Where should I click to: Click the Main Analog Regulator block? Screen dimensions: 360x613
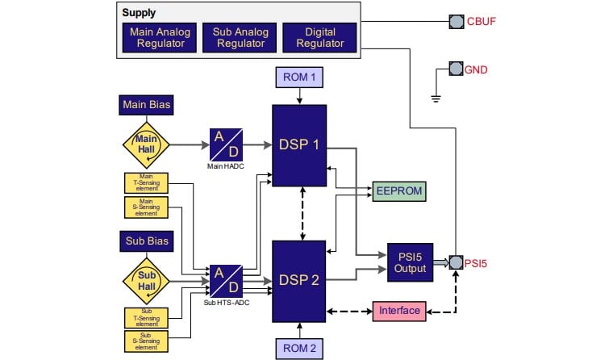(x=158, y=37)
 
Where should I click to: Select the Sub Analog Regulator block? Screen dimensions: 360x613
(x=239, y=37)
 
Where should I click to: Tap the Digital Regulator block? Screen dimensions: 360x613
(x=319, y=37)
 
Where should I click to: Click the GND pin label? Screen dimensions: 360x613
(x=476, y=70)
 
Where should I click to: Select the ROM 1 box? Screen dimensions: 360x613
(x=299, y=78)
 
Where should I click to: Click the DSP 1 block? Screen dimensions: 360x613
(x=299, y=145)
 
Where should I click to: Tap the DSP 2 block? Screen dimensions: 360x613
(x=299, y=281)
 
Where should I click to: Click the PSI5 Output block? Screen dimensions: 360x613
(x=410, y=262)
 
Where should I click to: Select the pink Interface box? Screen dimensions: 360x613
(x=398, y=311)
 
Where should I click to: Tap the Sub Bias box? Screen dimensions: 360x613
(x=145, y=241)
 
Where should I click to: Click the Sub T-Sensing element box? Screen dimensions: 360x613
(x=145, y=317)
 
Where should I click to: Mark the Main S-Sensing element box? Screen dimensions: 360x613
(x=145, y=208)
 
